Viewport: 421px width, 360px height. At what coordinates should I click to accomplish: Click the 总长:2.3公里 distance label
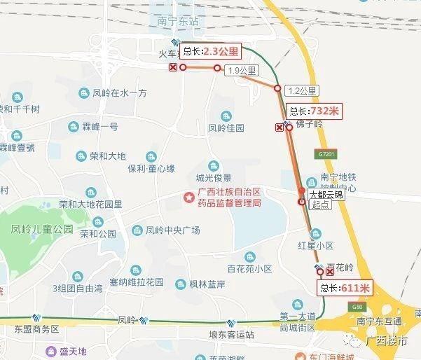[211, 51]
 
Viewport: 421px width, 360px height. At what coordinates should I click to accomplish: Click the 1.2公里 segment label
[303, 90]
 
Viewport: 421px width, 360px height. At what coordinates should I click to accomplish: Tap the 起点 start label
[320, 205]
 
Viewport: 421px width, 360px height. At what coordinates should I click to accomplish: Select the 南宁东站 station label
[178, 22]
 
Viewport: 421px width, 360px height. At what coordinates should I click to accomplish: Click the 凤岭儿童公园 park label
[42, 229]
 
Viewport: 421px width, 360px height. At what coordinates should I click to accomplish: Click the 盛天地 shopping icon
[51, 351]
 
